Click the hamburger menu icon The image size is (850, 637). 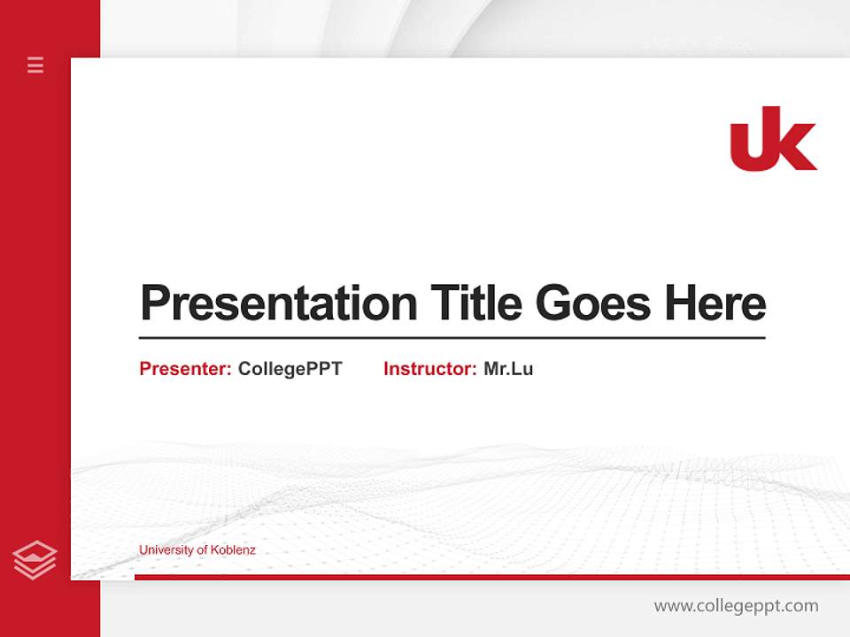click(35, 65)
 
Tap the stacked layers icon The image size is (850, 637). click(35, 560)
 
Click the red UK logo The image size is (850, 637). click(773, 139)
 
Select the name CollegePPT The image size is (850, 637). click(290, 369)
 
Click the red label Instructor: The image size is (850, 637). click(430, 369)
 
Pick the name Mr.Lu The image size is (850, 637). click(508, 369)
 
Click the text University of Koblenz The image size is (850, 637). click(197, 550)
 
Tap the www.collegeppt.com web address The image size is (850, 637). click(736, 606)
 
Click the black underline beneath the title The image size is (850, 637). click(452, 337)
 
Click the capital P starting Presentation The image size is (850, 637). click(154, 303)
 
